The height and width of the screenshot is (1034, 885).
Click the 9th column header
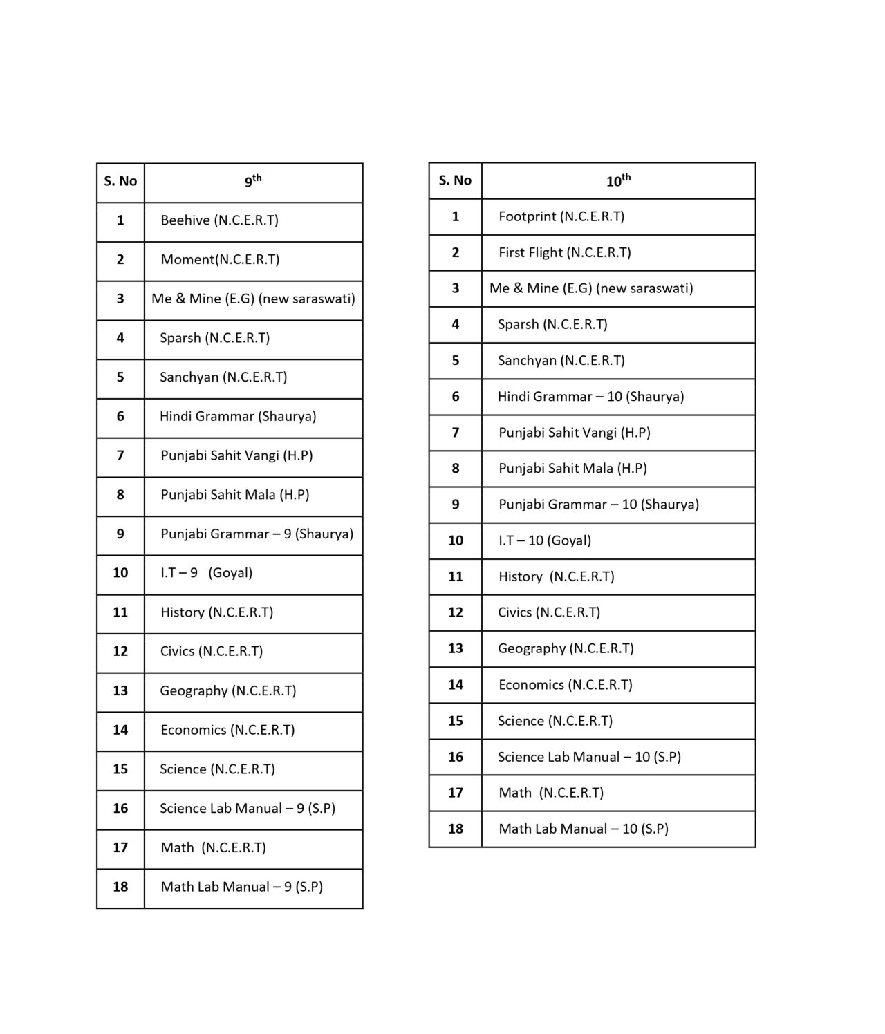click(253, 181)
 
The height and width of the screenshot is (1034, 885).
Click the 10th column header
click(618, 181)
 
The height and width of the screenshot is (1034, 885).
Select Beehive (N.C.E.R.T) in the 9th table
click(219, 220)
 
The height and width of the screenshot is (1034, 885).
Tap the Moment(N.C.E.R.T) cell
click(220, 260)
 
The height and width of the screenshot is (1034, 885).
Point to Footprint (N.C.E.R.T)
click(561, 216)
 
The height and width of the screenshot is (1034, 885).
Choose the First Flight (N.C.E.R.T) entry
click(565, 252)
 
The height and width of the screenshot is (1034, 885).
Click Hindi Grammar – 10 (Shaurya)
click(590, 397)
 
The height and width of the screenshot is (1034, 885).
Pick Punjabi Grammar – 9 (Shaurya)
click(257, 534)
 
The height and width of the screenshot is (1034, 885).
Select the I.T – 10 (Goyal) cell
click(545, 540)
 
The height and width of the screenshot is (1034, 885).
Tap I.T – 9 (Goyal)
click(206, 573)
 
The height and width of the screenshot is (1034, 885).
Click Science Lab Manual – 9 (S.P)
click(247, 809)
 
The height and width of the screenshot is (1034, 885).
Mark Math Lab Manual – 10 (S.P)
click(583, 829)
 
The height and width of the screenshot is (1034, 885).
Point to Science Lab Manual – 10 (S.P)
click(589, 757)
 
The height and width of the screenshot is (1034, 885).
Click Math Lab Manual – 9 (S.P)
click(241, 887)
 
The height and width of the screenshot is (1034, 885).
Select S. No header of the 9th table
click(120, 182)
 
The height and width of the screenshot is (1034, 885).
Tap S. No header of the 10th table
click(455, 181)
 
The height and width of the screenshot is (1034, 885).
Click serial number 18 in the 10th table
click(455, 829)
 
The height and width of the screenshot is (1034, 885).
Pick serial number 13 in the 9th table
click(120, 691)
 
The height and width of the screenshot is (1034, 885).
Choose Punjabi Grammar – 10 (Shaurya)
click(598, 505)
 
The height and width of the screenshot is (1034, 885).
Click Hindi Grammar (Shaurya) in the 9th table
click(238, 417)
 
